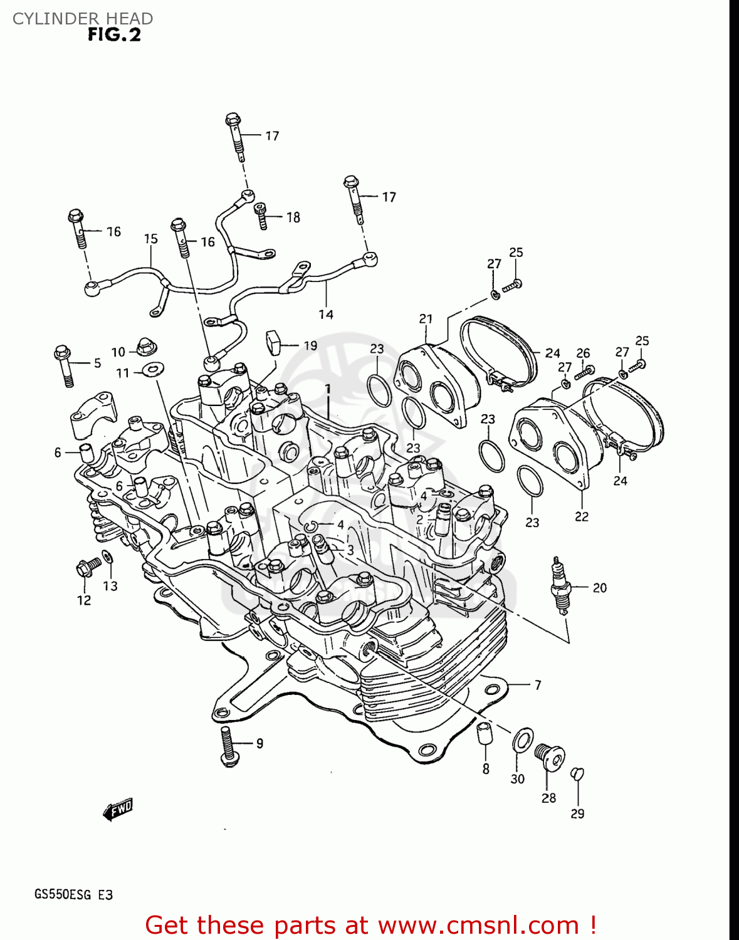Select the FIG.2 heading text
point(114,34)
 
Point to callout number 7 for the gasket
point(537,685)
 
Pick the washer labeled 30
point(523,739)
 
